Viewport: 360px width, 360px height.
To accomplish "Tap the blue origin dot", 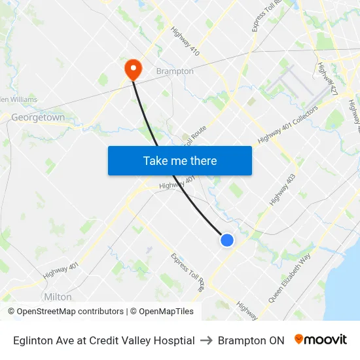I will click(x=227, y=240).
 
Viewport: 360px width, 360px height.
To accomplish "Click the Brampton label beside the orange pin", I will click(x=175, y=71).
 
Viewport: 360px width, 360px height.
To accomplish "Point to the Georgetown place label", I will click(x=38, y=118).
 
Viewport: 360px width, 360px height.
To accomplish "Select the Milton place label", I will click(x=58, y=297).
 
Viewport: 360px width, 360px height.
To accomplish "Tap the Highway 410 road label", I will click(x=185, y=41).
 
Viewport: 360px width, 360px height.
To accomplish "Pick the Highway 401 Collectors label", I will click(x=288, y=125).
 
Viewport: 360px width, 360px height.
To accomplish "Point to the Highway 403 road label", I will click(x=282, y=190).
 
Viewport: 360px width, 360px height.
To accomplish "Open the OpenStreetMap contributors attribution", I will click(x=70, y=312).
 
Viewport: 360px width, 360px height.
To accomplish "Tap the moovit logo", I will click(x=320, y=340).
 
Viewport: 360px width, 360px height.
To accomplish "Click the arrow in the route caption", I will click(x=206, y=340).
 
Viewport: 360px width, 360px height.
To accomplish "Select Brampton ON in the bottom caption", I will click(x=251, y=340).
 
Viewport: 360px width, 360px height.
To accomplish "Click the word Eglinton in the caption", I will click(x=33, y=340).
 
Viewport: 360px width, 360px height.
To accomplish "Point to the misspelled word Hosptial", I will click(x=173, y=340).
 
